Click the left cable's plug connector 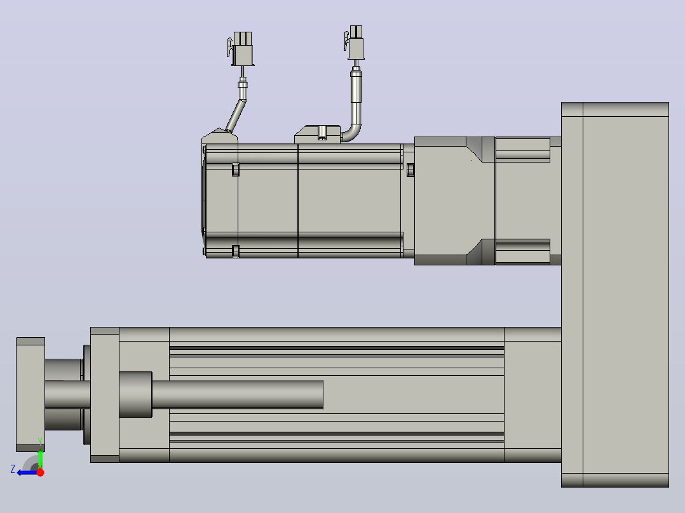coord(241,48)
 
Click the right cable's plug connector coord(355,43)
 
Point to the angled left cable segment coord(236,116)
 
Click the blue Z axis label coord(13,469)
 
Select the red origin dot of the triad coord(40,472)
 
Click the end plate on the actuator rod coord(31,394)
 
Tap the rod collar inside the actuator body coord(135,395)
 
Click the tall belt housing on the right coord(614,295)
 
